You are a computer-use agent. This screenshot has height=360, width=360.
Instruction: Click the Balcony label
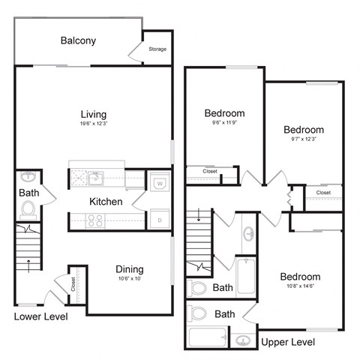coord(78,40)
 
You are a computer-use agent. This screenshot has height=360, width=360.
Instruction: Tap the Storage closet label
coord(157,49)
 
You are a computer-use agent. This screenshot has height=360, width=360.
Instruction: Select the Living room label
coord(94,114)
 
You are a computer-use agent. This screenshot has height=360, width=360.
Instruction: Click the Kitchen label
coord(106,202)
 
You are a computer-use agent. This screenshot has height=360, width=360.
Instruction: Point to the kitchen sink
coord(95,178)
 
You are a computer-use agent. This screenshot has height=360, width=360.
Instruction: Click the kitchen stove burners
coord(96,220)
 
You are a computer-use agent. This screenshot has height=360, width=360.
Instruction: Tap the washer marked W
coord(160,182)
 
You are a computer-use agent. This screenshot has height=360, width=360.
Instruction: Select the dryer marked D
coord(160,220)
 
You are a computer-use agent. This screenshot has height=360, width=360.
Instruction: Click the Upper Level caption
coord(289,342)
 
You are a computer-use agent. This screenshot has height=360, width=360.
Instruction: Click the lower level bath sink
coord(28,178)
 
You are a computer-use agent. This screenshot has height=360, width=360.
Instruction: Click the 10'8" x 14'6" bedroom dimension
coord(300,286)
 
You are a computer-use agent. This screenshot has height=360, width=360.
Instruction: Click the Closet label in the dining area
coord(73,284)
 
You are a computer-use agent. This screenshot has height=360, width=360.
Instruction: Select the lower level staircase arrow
coord(28,264)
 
